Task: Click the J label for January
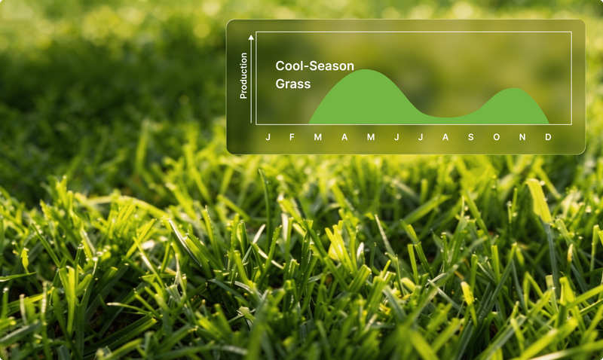(268, 137)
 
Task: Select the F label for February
(292, 137)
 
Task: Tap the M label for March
(317, 137)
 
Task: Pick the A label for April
(344, 137)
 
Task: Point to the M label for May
(371, 137)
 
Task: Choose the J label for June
(396, 137)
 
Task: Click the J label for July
(421, 137)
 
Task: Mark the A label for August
(445, 137)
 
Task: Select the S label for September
(470, 137)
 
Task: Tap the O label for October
(497, 137)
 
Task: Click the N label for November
(522, 137)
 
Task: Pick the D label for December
(548, 137)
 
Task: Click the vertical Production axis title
(243, 75)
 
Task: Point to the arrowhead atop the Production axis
(251, 37)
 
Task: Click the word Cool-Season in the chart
(314, 66)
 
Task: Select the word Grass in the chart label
(293, 84)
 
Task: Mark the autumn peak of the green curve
(514, 89)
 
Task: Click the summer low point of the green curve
(446, 117)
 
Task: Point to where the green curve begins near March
(310, 123)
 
